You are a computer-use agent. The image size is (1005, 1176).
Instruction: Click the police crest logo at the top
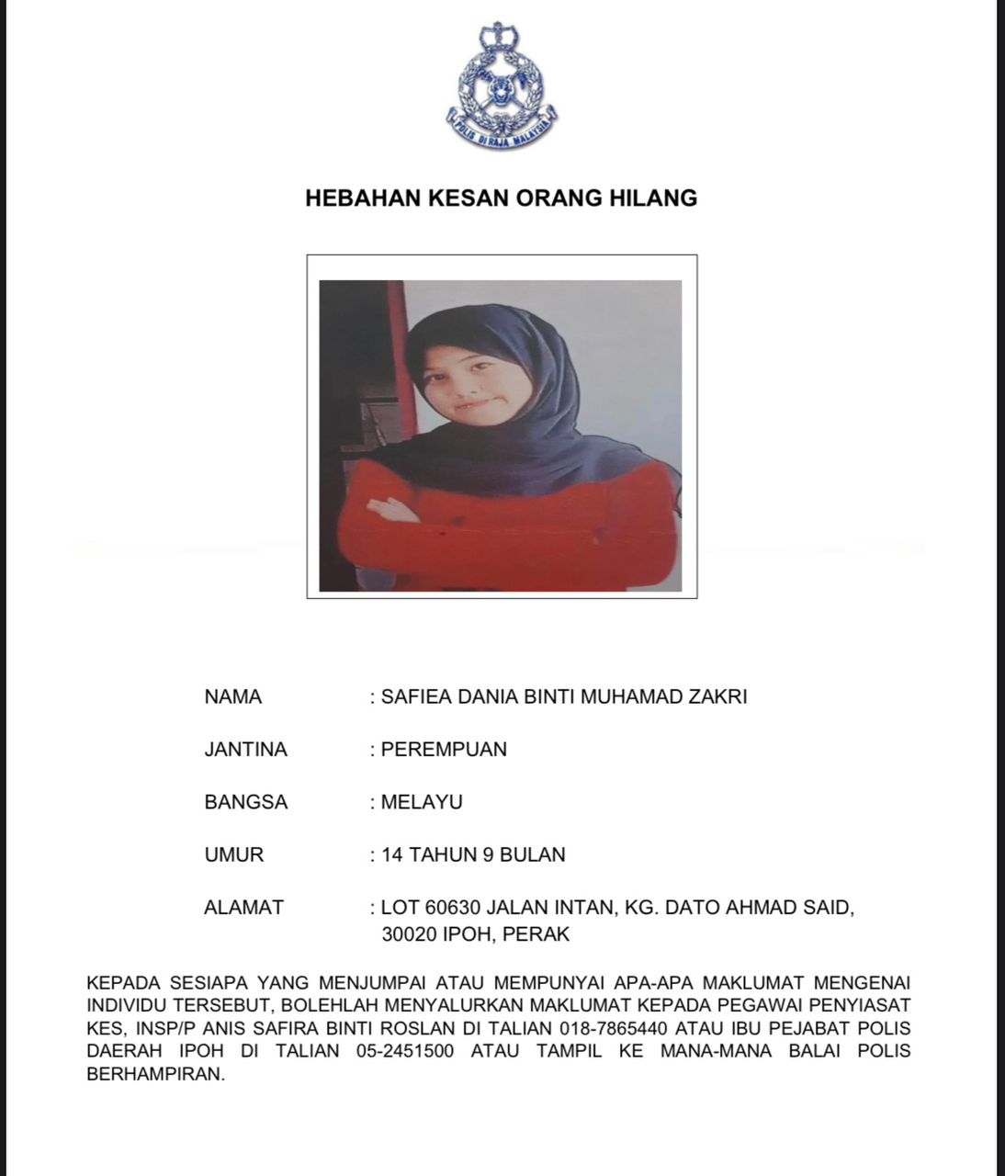[x=502, y=85]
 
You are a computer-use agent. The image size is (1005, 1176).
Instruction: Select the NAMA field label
[x=232, y=697]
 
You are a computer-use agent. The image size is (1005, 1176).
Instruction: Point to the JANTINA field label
[x=245, y=750]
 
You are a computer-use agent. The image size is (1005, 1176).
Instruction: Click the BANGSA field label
[x=245, y=802]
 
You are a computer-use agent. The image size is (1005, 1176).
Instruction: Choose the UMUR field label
[x=233, y=855]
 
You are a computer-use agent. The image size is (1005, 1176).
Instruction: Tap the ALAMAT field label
[x=243, y=908]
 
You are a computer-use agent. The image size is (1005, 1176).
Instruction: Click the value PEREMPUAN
[x=444, y=750]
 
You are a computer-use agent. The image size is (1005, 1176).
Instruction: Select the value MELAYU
[x=422, y=802]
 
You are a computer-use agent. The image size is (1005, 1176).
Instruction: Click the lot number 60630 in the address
[x=453, y=908]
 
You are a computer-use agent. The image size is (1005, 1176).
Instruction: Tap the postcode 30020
[x=411, y=935]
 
